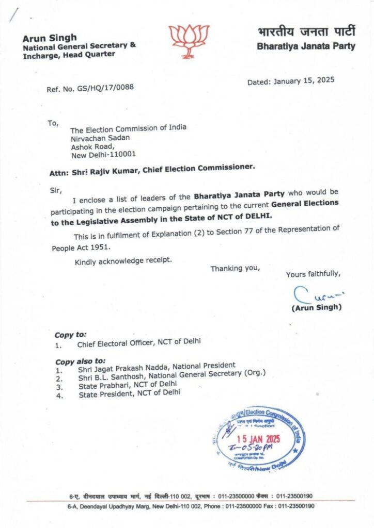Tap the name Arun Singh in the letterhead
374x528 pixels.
[x=50, y=37]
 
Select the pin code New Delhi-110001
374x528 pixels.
[x=104, y=154]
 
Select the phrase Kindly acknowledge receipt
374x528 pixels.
[x=123, y=261]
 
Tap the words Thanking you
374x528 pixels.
[x=235, y=268]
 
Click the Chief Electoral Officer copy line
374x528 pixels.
[x=138, y=342]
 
